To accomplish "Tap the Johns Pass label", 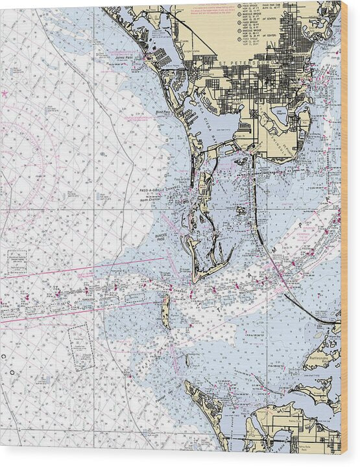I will (x=123, y=57).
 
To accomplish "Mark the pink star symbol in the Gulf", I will (x=5, y=94).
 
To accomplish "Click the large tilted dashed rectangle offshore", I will (x=80, y=346).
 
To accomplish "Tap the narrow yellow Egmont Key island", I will (x=166, y=311).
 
